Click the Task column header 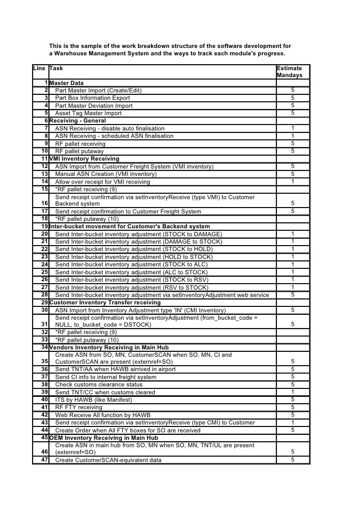pos(56,68)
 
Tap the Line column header pos(39,68)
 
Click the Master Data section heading pos(66,83)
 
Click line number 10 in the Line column pos(44,151)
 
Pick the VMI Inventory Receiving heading pos(84,159)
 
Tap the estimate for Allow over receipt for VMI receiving pos(293,181)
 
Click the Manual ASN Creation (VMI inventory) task pos(106,174)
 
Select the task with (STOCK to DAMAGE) pos(138,234)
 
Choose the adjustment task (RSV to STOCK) pos(132,288)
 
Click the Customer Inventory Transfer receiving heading pos(105,302)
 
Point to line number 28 pos(44,295)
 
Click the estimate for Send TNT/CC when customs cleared pos(293,392)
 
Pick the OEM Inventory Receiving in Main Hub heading pos(104,438)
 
